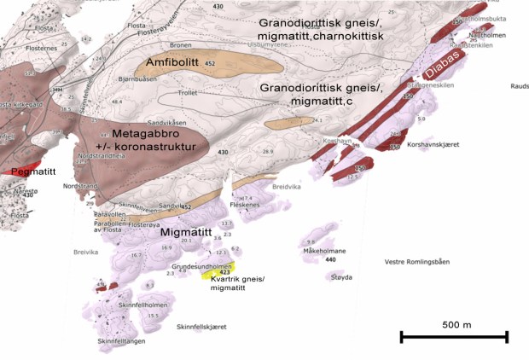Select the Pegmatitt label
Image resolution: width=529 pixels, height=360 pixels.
(x=28, y=171)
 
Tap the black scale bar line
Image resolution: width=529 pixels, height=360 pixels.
(x=454, y=338)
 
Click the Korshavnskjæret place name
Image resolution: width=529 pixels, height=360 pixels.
(x=433, y=144)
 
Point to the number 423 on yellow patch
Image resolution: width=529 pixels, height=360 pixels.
(x=225, y=272)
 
